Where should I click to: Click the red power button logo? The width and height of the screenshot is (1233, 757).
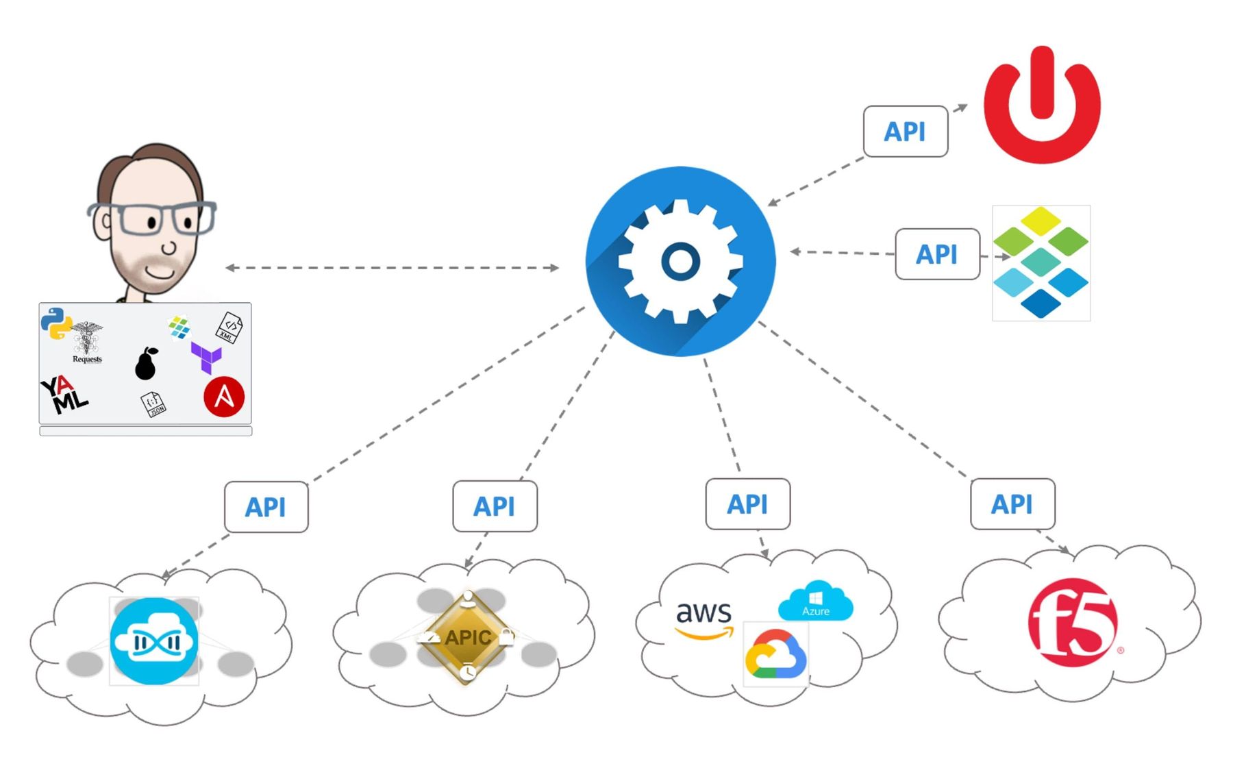(x=1041, y=106)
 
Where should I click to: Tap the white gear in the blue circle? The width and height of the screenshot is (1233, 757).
(x=680, y=261)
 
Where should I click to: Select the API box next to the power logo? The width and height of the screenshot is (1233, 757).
(x=906, y=132)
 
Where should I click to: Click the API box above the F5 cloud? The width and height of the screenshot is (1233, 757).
(x=1012, y=504)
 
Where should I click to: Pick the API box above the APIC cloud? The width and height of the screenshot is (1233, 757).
(x=495, y=506)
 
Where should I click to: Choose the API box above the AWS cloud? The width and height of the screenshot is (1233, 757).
(x=747, y=504)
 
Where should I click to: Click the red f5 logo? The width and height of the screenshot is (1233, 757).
(x=1073, y=623)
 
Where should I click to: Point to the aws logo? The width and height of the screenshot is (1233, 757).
(x=703, y=618)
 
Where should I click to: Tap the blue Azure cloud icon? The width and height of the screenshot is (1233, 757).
(x=815, y=601)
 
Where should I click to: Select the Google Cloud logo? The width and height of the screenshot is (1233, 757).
(x=775, y=654)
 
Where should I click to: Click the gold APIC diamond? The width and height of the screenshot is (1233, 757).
(x=467, y=637)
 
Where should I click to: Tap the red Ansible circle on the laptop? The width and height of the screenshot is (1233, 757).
(x=224, y=397)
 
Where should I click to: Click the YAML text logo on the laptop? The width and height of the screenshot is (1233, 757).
(x=64, y=395)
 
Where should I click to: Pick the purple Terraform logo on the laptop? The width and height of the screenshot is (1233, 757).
(x=206, y=357)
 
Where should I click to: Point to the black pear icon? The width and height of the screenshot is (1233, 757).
(x=146, y=364)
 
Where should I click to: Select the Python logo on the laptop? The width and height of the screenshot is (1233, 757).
(x=55, y=323)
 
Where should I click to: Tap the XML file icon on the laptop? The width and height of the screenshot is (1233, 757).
(x=229, y=327)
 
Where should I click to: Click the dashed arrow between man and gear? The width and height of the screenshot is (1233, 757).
(x=393, y=268)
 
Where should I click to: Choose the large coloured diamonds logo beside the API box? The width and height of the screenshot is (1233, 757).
(x=1041, y=262)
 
